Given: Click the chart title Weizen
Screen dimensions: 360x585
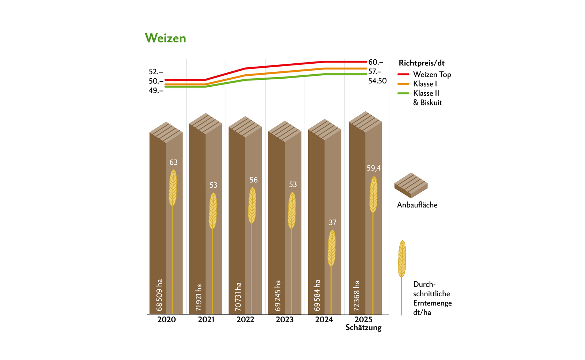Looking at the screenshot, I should click(165, 38).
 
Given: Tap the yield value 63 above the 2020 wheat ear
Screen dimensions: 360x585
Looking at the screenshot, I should click(173, 162).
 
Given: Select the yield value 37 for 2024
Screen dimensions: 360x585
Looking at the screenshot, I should click(332, 222).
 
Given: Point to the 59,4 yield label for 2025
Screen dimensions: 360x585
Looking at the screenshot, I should click(373, 168).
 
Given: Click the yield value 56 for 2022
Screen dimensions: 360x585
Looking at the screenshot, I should click(253, 180).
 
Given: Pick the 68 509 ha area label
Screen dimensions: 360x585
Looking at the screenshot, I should click(159, 295).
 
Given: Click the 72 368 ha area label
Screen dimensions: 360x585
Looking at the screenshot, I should click(357, 296).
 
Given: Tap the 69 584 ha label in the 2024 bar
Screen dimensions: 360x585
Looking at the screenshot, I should click(317, 295).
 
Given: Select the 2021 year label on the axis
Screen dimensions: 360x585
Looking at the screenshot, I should click(206, 320).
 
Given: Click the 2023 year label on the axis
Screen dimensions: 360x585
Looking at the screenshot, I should click(285, 320).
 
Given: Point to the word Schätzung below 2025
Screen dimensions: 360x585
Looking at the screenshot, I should click(363, 327).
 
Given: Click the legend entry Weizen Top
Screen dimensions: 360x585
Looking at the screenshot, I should click(432, 75).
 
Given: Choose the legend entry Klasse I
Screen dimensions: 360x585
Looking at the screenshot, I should click(425, 84).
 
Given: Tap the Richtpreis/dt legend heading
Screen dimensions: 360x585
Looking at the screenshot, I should click(422, 63).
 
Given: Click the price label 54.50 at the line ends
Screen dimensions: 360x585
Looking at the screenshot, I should click(377, 81).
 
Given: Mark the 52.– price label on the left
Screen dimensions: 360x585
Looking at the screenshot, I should click(156, 72).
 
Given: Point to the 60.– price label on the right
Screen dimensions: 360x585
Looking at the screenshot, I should click(375, 62).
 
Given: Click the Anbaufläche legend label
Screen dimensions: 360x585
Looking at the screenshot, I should click(417, 205).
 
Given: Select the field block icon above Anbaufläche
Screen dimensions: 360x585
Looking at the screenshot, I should click(411, 185).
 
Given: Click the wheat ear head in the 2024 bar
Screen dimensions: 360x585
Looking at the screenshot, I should click(331, 248).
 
